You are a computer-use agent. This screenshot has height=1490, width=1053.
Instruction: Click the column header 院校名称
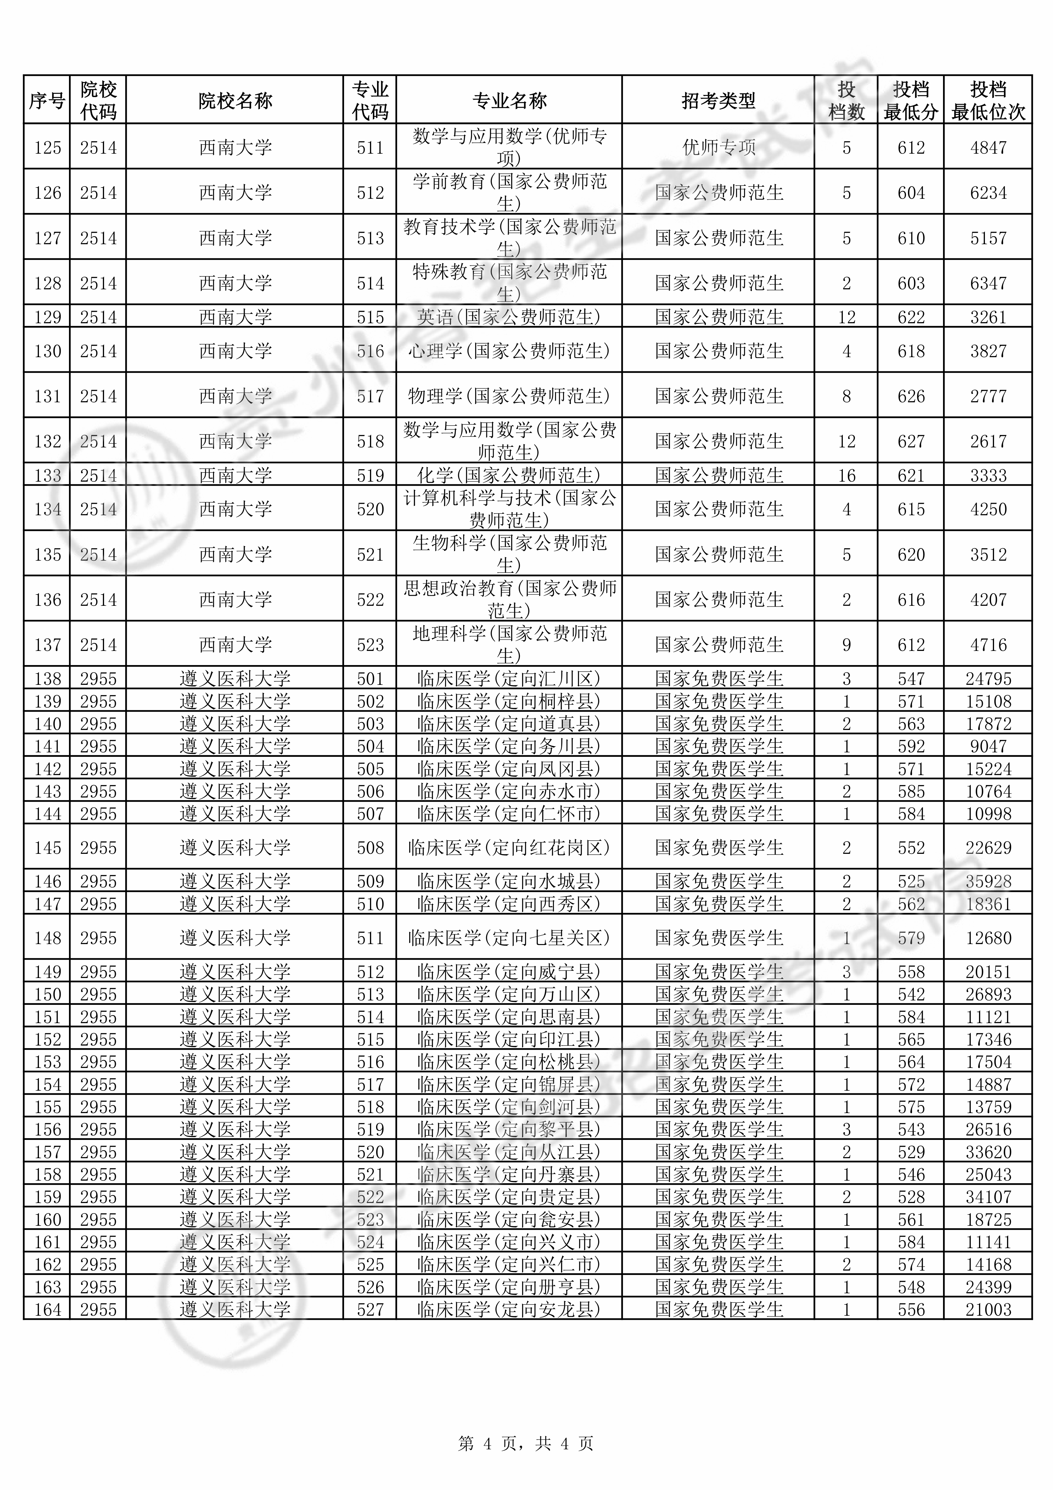point(235,101)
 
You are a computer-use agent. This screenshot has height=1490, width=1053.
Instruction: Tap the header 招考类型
point(718,101)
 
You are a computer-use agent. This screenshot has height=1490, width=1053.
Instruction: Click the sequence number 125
point(47,147)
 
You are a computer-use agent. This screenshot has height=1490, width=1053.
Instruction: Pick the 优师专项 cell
point(718,147)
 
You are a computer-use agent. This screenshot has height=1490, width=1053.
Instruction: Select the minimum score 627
point(911,441)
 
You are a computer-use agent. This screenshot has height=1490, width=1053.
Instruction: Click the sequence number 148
point(47,938)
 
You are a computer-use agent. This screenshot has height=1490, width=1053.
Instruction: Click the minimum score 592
point(911,746)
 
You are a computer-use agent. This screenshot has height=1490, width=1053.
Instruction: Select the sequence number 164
point(47,1310)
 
